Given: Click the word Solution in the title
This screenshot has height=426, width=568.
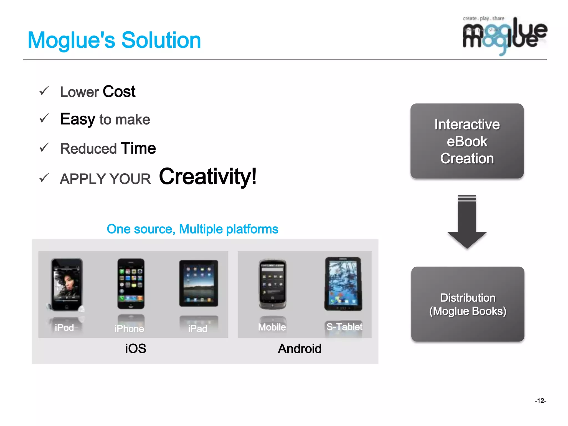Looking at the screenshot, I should point(161,40).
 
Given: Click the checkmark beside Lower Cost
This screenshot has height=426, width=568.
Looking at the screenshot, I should point(44,91).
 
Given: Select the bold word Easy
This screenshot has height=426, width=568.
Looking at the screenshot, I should point(77,119).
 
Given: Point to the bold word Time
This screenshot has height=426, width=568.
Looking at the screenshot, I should point(138,148).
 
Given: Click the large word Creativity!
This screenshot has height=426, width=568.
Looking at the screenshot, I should point(208,176).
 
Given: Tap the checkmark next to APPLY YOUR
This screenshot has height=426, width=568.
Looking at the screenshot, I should point(44,178).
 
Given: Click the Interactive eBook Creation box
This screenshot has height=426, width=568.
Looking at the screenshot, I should point(467,141).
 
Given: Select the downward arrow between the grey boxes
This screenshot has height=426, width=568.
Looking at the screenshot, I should point(467,222).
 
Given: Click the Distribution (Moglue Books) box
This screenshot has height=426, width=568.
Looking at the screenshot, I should point(468,304).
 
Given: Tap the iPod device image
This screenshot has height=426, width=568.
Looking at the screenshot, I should point(67,285).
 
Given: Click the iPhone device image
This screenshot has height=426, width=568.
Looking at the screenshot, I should point(131,284).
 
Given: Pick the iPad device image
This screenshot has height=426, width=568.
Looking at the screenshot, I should point(199,283).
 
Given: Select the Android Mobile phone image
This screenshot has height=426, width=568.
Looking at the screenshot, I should point(272,284).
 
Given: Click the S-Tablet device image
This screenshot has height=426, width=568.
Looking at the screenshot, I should point(343,284).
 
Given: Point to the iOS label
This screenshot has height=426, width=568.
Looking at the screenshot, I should point(135,349).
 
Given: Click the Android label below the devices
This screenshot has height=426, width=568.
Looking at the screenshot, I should point(300,349).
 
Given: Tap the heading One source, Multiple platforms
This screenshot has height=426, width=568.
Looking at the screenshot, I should point(192,229).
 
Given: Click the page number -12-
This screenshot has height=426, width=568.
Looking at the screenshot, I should point(540,400).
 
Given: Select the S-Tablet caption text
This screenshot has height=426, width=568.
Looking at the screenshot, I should point(344,327).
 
